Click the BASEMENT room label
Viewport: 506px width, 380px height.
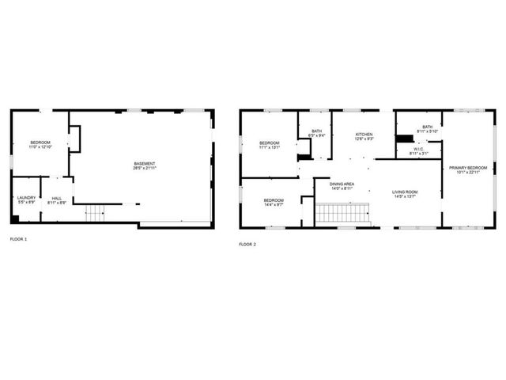pos(145,164)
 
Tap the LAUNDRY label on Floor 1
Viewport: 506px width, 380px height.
pos(26,198)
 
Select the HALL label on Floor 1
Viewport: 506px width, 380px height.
pos(56,198)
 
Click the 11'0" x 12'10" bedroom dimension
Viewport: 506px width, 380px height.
pos(40,147)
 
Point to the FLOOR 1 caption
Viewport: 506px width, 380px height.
pos(18,239)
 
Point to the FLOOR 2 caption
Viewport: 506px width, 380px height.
pos(247,244)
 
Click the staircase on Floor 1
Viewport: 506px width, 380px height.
pos(95,212)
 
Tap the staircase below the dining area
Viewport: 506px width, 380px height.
pos(343,213)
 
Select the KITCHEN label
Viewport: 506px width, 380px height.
pos(364,135)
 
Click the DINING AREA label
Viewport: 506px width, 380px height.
pos(342,184)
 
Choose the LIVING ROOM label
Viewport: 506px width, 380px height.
pos(405,192)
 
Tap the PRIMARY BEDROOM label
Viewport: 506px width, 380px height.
pos(468,168)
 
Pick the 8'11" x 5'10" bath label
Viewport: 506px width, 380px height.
pos(427,131)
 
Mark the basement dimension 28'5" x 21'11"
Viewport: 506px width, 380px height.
pos(145,169)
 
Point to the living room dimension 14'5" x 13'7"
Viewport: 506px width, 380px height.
pos(405,197)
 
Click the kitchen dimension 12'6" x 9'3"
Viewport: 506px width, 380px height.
pos(364,140)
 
